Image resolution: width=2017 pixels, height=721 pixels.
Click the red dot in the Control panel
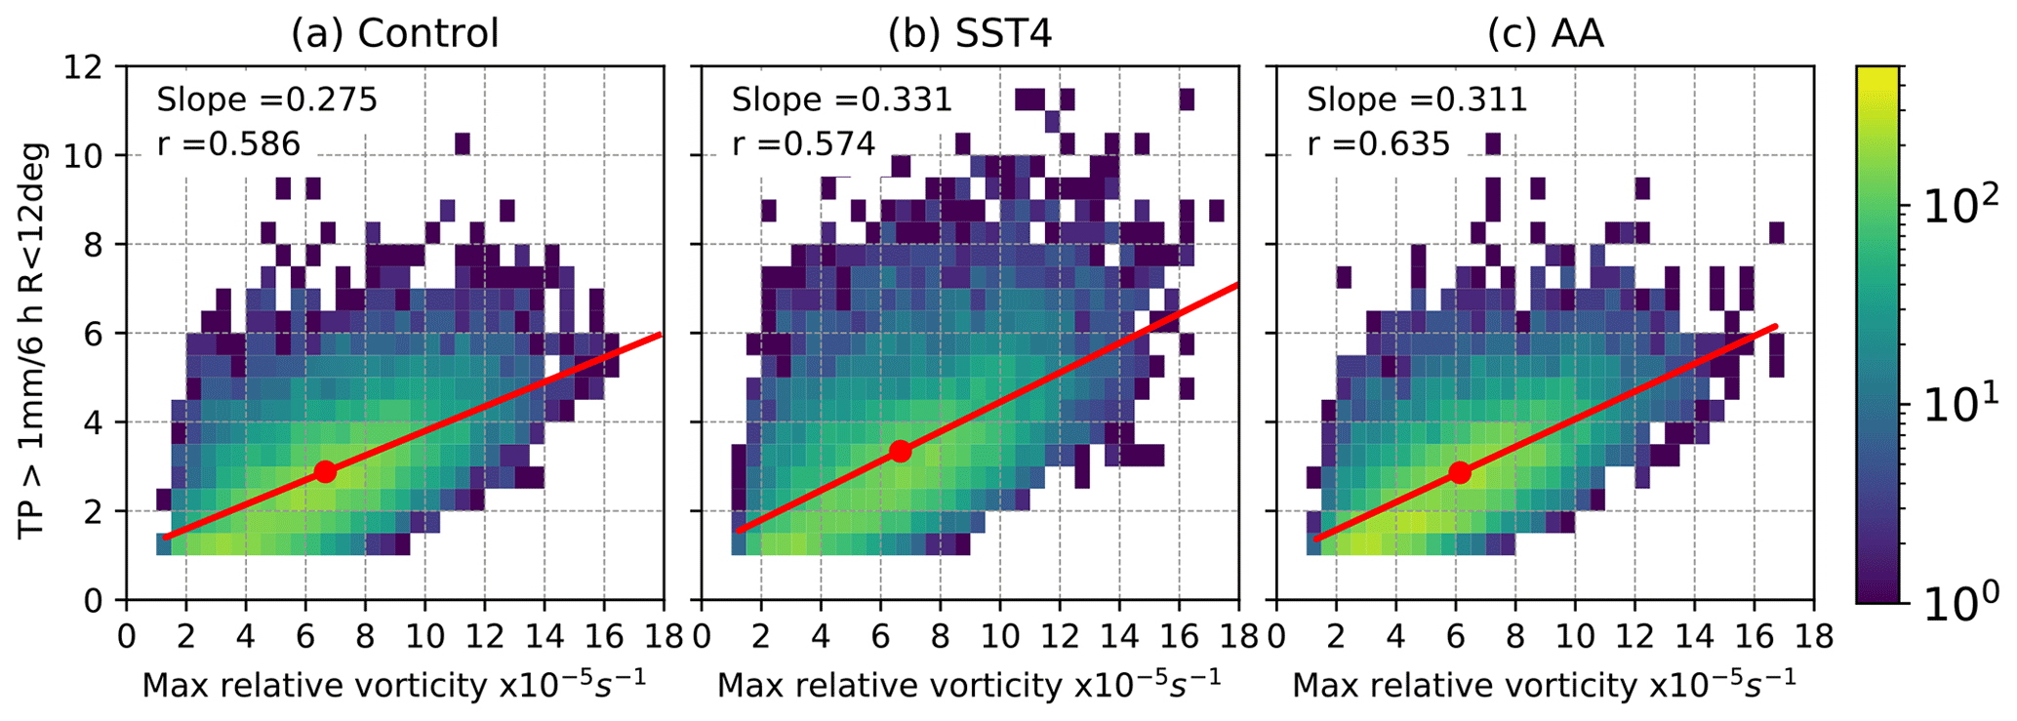point(325,471)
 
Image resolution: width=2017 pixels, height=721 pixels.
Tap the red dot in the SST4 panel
point(900,451)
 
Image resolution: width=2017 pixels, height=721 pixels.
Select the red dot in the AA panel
point(1459,472)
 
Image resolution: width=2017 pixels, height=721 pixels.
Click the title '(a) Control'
point(394,34)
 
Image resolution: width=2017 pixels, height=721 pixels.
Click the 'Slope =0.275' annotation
point(266,100)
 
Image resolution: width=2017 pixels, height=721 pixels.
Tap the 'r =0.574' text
point(803,144)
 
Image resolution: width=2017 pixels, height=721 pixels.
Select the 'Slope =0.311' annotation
point(1417,100)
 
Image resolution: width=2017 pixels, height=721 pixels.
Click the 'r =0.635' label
point(1378,144)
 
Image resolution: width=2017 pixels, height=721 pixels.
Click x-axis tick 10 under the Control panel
point(424,636)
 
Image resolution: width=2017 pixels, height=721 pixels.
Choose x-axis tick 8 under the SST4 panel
point(940,636)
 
